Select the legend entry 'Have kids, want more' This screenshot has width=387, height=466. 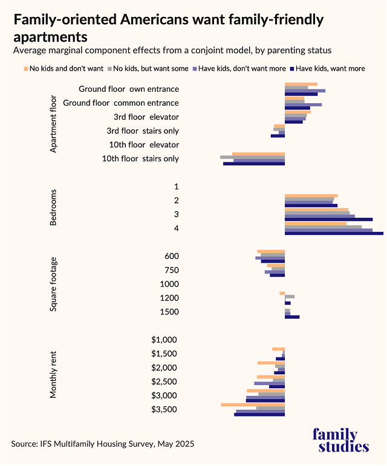point(330,68)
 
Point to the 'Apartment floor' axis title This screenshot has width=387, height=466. point(53,124)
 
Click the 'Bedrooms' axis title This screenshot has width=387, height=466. point(53,207)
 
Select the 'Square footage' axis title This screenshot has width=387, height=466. point(53,284)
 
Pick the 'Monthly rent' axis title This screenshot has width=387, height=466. point(53,375)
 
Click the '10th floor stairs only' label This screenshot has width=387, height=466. point(140,159)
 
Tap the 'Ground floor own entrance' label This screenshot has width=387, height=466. point(128,89)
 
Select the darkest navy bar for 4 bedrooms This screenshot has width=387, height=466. point(334,233)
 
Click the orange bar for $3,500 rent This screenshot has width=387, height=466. point(253,404)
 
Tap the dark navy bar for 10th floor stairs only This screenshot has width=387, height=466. point(254,164)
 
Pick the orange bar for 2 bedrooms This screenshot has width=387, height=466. point(311,196)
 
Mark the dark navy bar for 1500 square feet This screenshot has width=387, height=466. point(292,317)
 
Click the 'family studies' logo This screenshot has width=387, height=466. point(341,441)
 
